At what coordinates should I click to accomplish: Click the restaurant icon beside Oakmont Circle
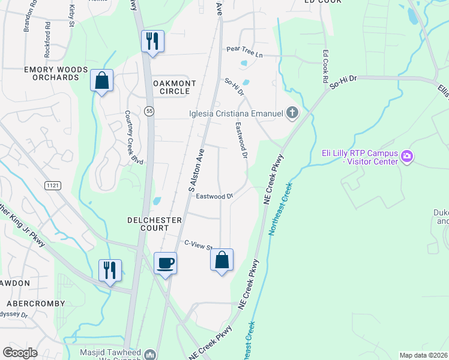pos(152,41)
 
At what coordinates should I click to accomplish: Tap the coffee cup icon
pos(166,262)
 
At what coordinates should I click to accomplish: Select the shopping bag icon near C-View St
pos(221,260)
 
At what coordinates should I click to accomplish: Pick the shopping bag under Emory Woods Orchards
pos(102,80)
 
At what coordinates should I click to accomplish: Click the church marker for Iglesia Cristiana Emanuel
pos(292,113)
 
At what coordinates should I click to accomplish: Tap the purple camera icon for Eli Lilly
pos(407,157)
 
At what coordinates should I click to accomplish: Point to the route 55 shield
pos(148,110)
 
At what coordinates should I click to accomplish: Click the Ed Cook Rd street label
pos(325,66)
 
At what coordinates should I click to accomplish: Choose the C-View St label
pos(199,245)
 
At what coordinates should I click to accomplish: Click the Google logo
pos(20,352)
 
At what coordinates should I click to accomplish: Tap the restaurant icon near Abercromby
pos(110,270)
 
